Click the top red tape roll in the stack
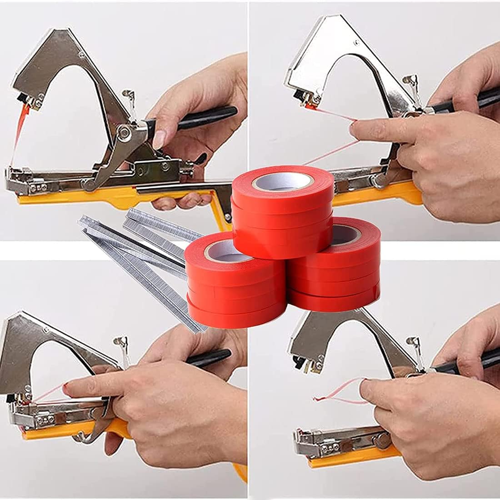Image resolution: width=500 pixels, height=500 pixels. tap(282, 214)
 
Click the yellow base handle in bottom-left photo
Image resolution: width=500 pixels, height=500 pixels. tap(68, 432)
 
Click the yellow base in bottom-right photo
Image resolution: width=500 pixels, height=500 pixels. tap(345, 459)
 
